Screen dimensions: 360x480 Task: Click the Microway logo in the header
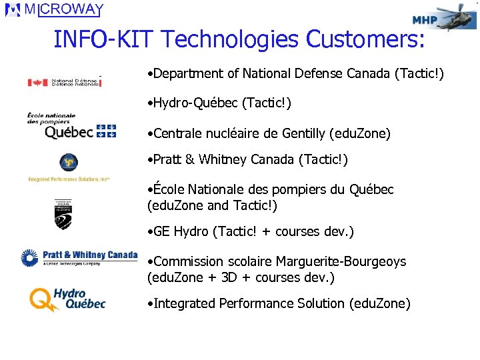pyautogui.click(x=55, y=11)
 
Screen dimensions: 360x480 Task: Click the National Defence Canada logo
pyautogui.click(x=64, y=82)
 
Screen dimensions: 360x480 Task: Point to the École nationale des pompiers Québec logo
pyautogui.click(x=71, y=125)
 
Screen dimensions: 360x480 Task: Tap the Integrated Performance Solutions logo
pyautogui.click(x=69, y=167)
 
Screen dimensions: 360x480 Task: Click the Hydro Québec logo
pyautogui.click(x=67, y=299)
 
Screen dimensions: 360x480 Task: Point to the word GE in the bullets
pyautogui.click(x=162, y=231)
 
